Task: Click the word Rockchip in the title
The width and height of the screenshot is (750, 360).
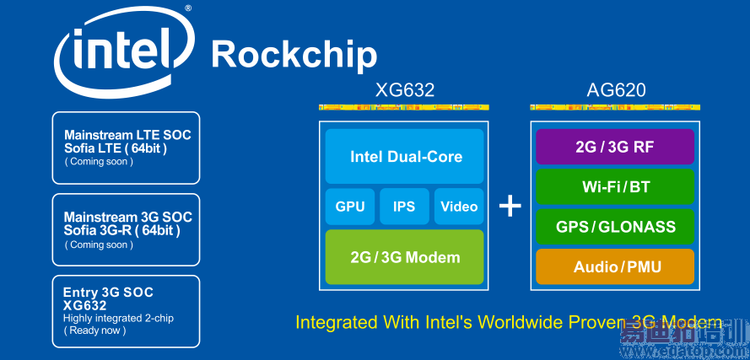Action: pyautogui.click(x=294, y=55)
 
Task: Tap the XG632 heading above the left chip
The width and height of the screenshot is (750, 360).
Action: pyautogui.click(x=405, y=89)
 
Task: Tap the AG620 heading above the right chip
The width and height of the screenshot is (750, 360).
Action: pyautogui.click(x=616, y=89)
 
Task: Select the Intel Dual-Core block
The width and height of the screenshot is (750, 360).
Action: pyautogui.click(x=405, y=157)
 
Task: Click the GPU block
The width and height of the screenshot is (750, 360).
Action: pyautogui.click(x=350, y=207)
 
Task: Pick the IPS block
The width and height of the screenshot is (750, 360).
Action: pyautogui.click(x=404, y=207)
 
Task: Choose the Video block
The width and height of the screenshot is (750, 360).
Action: pyautogui.click(x=459, y=207)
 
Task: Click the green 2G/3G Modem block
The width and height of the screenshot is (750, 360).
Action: pyautogui.click(x=405, y=257)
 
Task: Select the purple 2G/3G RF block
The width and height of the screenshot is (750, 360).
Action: pyautogui.click(x=615, y=147)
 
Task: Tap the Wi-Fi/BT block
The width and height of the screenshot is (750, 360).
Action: pyautogui.click(x=615, y=186)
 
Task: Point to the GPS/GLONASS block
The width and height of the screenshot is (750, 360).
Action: pyautogui.click(x=615, y=227)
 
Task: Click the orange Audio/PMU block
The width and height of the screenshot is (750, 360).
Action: pyautogui.click(x=615, y=266)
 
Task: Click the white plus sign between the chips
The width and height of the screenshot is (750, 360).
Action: pyautogui.click(x=510, y=207)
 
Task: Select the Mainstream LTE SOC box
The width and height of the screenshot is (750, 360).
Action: pyautogui.click(x=126, y=148)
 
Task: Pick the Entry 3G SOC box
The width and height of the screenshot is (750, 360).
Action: pyautogui.click(x=126, y=311)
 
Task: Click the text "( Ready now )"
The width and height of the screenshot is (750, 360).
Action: pyautogui.click(x=94, y=330)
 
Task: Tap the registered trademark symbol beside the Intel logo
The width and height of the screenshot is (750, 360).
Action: pyautogui.click(x=188, y=8)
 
